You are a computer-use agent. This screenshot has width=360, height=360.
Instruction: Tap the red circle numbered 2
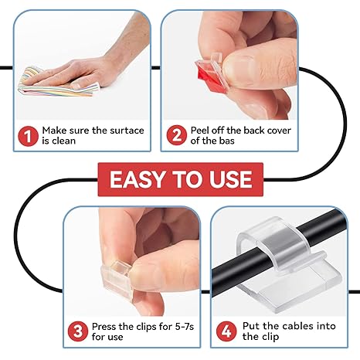pos(177,137)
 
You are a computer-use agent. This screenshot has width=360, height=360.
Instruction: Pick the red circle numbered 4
pos(227,331)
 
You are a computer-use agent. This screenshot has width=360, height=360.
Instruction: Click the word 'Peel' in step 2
pos(204,131)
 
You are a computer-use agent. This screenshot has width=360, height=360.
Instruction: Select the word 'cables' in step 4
pos(298,326)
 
